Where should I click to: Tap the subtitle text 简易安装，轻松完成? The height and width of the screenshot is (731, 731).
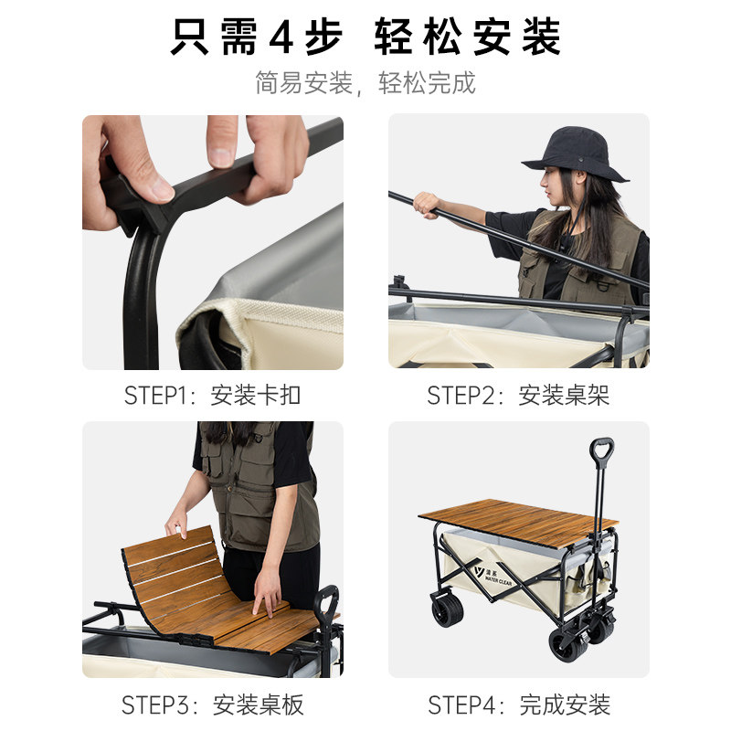click(365, 83)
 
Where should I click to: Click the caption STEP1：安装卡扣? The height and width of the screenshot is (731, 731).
click(212, 396)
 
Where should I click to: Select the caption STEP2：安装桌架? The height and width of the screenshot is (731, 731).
click(518, 396)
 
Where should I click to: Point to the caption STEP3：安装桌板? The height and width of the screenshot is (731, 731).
click(212, 705)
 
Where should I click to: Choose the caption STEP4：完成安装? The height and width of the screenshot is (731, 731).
click(518, 705)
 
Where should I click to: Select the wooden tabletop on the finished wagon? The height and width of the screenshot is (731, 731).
click(517, 521)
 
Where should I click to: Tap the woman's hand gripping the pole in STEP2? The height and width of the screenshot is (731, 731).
click(425, 204)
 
